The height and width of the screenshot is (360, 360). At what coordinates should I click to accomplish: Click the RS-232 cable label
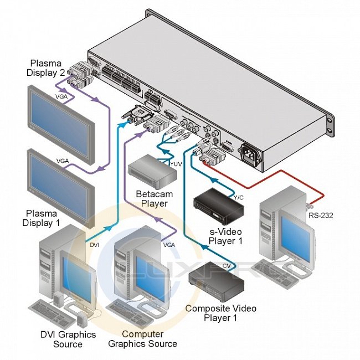click(322, 216)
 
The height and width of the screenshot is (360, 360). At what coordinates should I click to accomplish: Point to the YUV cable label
click(176, 163)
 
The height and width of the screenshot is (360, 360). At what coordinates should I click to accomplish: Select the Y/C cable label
click(239, 198)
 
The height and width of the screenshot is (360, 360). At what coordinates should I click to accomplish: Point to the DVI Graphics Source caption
click(68, 339)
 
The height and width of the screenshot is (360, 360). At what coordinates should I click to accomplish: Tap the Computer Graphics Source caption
click(142, 339)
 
